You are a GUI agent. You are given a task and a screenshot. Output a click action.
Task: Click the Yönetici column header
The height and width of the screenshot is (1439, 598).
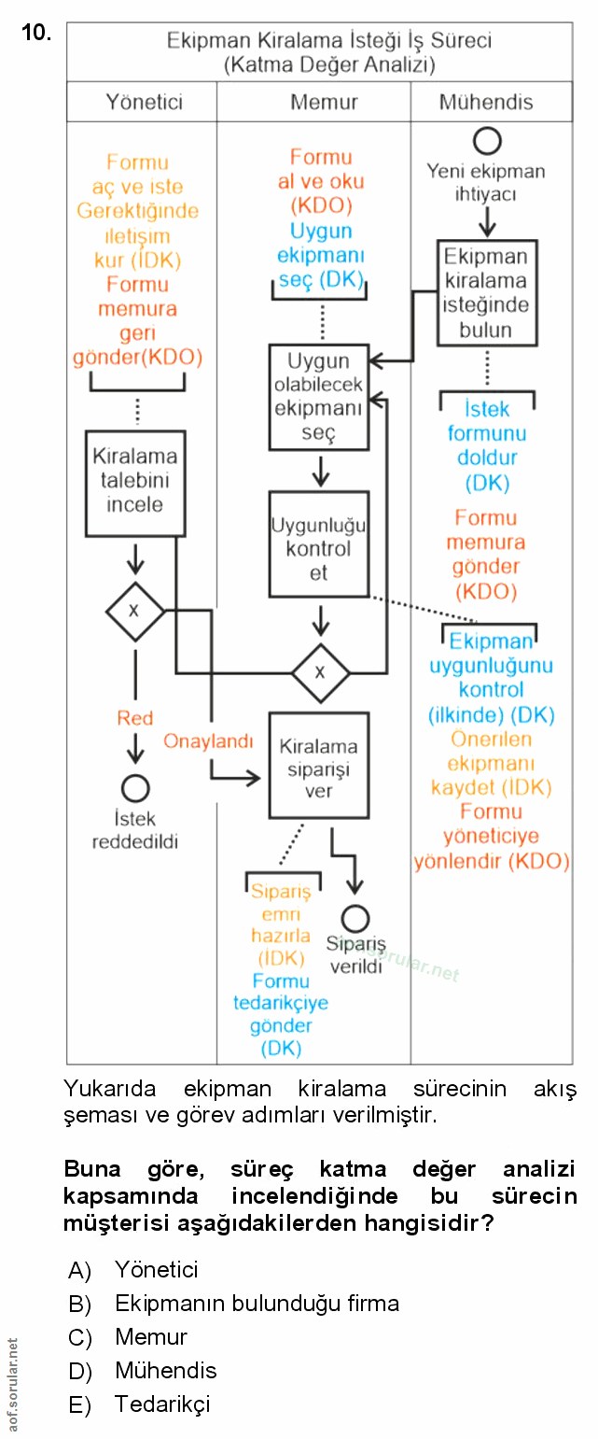coord(144,102)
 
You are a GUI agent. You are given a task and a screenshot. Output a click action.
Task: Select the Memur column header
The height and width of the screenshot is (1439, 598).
coord(324,102)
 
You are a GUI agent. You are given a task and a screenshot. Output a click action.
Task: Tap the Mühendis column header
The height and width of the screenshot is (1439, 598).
coord(486,102)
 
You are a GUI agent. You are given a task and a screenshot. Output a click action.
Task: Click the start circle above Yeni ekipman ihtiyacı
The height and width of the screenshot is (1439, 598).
coord(487,141)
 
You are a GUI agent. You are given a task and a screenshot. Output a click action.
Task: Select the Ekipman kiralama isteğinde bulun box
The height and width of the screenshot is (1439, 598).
coord(485,293)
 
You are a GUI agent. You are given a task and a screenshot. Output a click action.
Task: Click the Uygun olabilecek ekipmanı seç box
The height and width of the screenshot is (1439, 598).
coord(318,397)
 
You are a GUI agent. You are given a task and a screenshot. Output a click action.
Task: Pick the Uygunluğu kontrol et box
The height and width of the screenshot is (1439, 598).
coord(318,544)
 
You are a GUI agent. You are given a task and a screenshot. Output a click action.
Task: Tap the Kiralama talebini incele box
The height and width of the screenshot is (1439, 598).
coord(135,482)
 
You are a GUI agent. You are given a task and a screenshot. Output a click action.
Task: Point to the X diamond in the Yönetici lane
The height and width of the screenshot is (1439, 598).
coord(134,611)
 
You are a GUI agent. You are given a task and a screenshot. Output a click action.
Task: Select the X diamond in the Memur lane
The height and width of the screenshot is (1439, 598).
coord(321,672)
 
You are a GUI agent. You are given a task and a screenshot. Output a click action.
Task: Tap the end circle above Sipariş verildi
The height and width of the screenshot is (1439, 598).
coord(355,919)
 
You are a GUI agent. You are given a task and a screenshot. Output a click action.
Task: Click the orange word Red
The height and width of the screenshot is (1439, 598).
coord(135,718)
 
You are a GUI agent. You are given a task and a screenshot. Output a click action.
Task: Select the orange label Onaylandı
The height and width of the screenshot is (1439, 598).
coord(209,741)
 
